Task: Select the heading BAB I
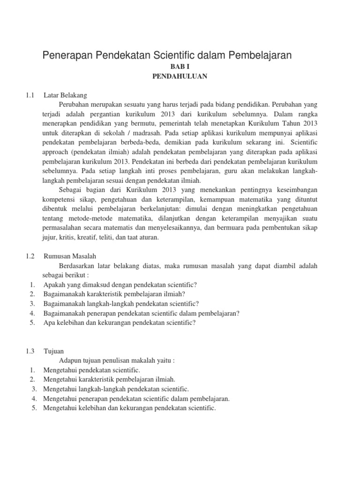[180, 67]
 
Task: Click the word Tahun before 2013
[292, 123]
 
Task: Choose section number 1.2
[31, 256]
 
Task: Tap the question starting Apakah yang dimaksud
[120, 285]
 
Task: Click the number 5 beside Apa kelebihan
[31, 322]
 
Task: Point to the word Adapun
[71, 360]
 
